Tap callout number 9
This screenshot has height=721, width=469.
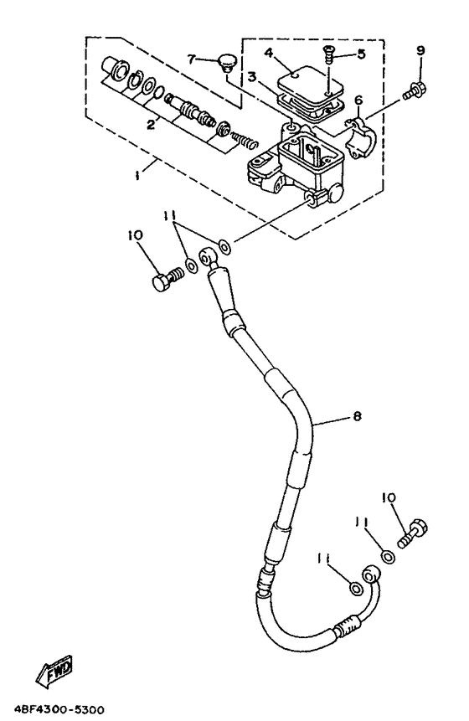pyautogui.click(x=420, y=50)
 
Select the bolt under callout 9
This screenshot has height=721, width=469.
pyautogui.click(x=415, y=90)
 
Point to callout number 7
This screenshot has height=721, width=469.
pyautogui.click(x=191, y=59)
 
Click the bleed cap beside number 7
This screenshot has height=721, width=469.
pyautogui.click(x=224, y=62)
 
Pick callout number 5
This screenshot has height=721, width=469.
pyautogui.click(x=362, y=54)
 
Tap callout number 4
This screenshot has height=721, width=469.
pyautogui.click(x=269, y=53)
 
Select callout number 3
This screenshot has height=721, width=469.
pyautogui.click(x=251, y=77)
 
